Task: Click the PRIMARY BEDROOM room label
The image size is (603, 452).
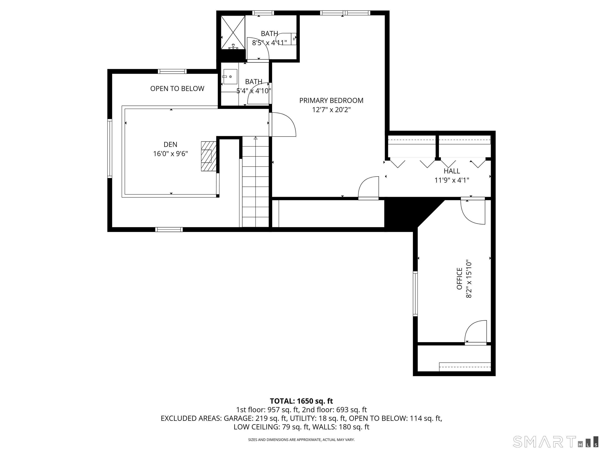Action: coord(331,100)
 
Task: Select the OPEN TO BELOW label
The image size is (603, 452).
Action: coord(177,88)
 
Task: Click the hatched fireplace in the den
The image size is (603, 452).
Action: coord(208,156)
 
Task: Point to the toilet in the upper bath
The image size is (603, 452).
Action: coord(288,39)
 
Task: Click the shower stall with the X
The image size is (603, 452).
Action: coord(233,32)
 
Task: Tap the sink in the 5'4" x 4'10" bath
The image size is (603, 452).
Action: coord(230,77)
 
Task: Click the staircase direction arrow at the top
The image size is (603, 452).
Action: coord(255,139)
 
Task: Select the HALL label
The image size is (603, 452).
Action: coord(452,171)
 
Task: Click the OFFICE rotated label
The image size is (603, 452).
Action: coord(460,279)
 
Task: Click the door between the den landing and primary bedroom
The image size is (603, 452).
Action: coord(283,125)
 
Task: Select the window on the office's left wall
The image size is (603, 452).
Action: coord(415,294)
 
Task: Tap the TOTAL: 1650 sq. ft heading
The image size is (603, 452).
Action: coord(301,401)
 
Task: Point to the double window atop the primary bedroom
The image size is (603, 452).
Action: coord(345,13)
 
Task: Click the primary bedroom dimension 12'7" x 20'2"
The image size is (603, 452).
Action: coord(331,110)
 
